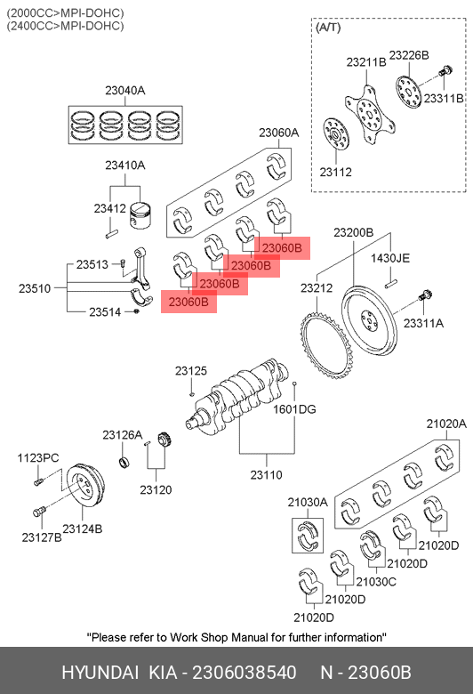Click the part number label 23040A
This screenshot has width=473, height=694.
(124, 90)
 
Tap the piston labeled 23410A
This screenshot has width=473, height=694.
(140, 215)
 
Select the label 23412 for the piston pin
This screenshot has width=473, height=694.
(109, 208)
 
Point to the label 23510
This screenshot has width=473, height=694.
(35, 288)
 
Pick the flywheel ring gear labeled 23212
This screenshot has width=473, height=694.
(326, 347)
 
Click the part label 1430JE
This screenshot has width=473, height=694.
(389, 258)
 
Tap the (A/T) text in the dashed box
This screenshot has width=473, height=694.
(328, 28)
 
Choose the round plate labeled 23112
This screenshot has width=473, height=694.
(336, 134)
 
